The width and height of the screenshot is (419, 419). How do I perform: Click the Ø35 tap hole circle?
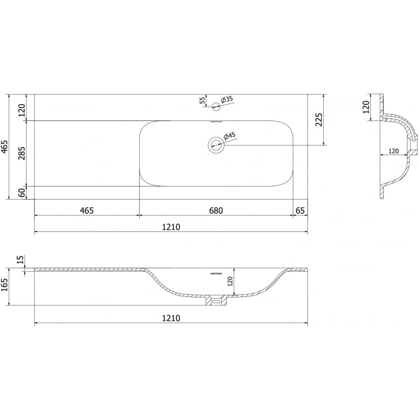pos(215,106)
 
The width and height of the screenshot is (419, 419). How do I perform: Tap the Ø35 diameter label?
pos(226,98)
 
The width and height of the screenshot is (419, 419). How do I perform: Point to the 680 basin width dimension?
pos(216,211)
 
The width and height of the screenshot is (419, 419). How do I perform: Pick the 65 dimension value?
pos(300,211)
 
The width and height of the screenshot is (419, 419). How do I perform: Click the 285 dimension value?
pos(21,153)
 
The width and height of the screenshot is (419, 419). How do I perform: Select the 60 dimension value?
pos(21,193)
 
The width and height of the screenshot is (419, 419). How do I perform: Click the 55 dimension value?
pos(202,101)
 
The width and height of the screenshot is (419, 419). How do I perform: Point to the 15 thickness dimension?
pos(20,259)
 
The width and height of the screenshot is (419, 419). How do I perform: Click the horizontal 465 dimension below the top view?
pos(86,211)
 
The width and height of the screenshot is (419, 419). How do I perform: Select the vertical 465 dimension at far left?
pos(5,147)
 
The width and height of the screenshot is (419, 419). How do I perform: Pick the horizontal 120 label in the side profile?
pos(393,151)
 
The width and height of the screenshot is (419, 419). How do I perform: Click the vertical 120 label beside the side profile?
pos(366,107)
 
